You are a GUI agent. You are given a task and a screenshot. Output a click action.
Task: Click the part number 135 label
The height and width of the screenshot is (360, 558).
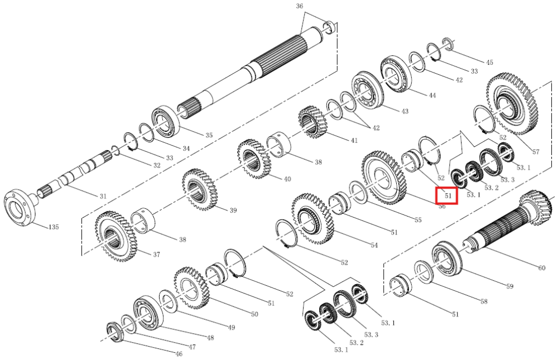(x=53, y=227)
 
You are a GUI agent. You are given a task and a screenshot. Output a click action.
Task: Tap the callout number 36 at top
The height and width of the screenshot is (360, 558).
(x=299, y=6)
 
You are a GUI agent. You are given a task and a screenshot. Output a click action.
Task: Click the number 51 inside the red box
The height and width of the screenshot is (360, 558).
(x=448, y=195)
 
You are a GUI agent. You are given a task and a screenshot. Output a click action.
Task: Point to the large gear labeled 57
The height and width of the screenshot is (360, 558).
(x=511, y=104)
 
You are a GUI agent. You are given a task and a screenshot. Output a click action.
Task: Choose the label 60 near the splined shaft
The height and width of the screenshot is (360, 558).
(x=542, y=267)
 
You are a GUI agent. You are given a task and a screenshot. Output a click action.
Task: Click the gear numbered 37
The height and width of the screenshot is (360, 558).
(x=116, y=236)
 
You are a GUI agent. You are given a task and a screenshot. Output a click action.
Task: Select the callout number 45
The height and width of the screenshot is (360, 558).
(x=490, y=63)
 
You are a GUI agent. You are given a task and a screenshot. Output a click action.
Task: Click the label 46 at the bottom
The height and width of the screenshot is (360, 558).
(x=179, y=354)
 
